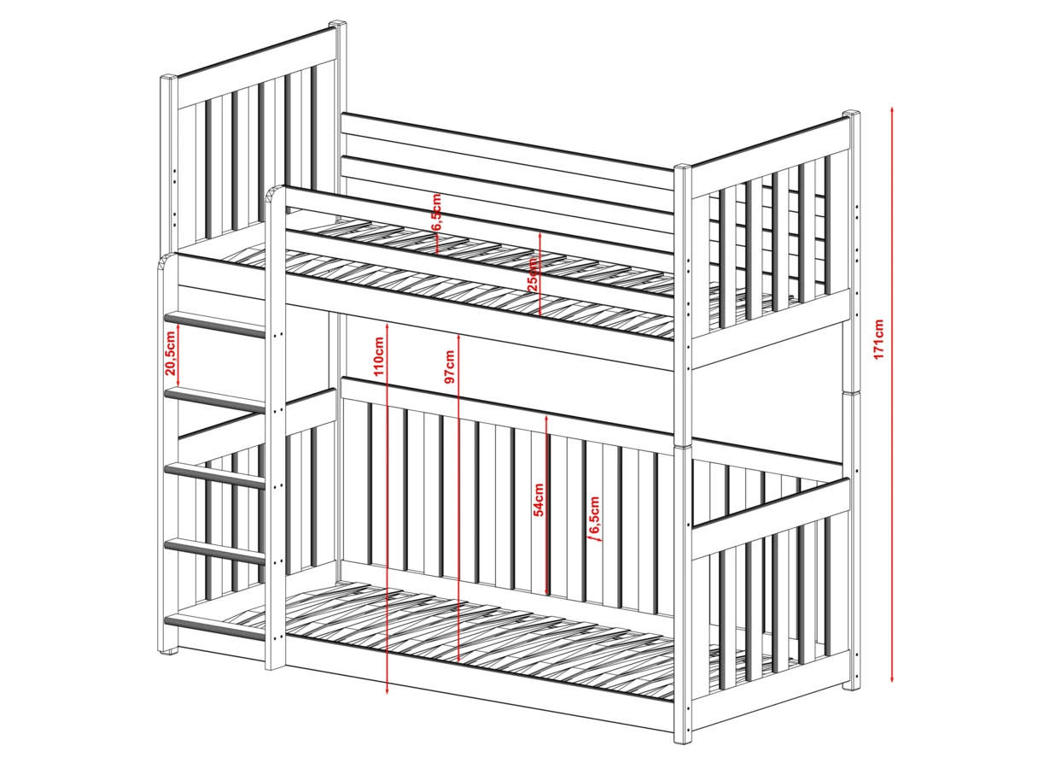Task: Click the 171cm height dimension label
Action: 879,339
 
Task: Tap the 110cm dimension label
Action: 379,356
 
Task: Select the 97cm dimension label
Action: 450,366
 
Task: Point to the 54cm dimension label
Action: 539,500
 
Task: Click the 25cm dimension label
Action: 533,274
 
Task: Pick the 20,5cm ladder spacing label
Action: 170,353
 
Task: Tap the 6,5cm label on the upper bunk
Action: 436,212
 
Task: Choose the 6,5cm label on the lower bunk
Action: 594,514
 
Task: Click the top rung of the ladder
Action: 214,324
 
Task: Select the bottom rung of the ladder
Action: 214,627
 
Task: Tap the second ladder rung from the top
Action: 214,400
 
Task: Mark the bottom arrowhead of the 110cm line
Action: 387,691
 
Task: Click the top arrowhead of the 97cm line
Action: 458,337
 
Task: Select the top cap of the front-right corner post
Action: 684,167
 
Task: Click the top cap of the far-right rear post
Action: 851,114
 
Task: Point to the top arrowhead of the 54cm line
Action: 546,418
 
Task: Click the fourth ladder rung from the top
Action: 214,552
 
